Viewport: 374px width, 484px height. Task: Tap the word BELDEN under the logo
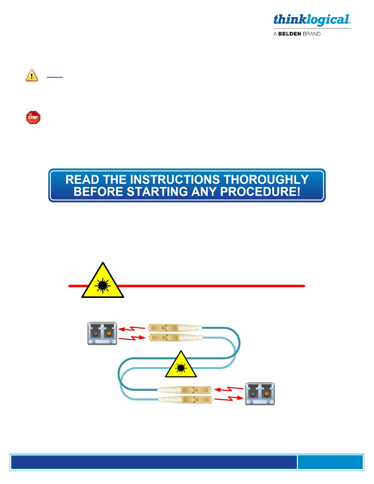point(289,34)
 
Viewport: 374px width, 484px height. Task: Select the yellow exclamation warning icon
point(32,75)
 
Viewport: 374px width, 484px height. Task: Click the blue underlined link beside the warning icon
point(55,77)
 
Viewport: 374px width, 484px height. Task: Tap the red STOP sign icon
point(33,118)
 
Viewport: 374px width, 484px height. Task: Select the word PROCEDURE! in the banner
point(260,192)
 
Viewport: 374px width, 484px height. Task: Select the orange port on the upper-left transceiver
point(109,333)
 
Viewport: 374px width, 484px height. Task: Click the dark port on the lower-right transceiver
point(253,394)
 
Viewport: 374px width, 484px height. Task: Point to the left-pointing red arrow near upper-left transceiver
point(131,329)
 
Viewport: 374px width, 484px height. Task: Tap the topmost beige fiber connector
point(175,328)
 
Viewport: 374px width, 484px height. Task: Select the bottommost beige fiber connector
point(185,399)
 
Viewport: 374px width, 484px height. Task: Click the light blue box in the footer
point(330,462)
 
